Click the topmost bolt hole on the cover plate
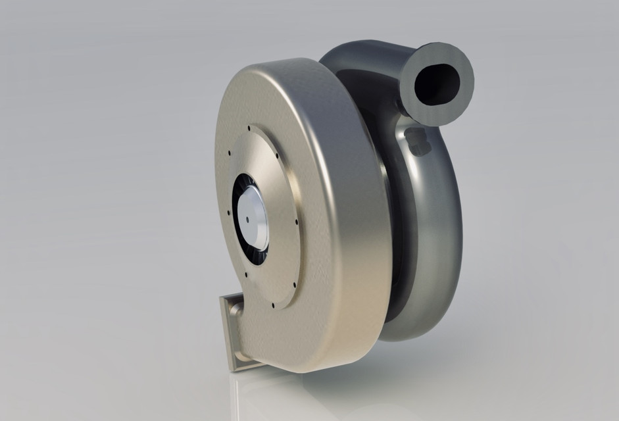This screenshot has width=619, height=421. coord(249,129)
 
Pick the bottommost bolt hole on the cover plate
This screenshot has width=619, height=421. coord(270,305)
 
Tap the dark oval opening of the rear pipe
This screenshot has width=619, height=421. coord(437,81)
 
